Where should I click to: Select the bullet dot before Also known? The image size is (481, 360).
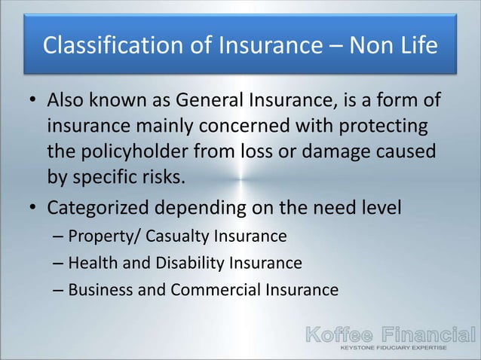click(x=32, y=102)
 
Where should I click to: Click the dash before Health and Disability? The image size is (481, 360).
click(x=59, y=264)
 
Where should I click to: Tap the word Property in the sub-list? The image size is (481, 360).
click(x=96, y=236)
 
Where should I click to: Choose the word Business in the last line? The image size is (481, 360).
click(x=97, y=289)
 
